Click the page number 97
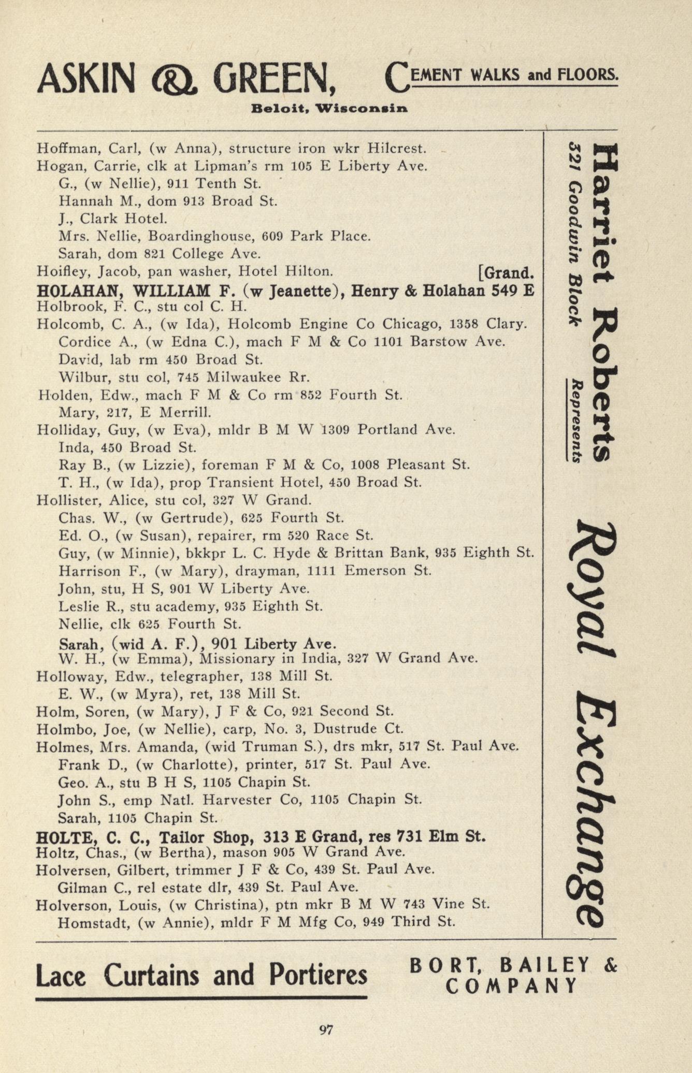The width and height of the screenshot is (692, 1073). (325, 1029)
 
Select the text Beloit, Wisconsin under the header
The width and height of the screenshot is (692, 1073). (329, 109)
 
